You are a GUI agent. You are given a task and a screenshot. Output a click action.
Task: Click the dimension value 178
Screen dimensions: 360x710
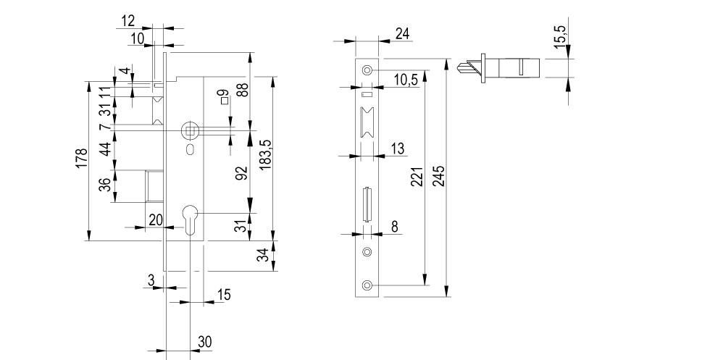coord(81,158)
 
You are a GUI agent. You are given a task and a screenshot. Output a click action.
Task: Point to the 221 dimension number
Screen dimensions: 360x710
coord(417,176)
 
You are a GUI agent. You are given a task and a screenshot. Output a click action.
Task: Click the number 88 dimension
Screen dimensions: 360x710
coord(242,90)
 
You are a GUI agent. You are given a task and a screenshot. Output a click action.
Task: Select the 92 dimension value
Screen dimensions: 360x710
coord(242,172)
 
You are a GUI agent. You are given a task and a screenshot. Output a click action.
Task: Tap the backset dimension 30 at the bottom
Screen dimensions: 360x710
coord(204,340)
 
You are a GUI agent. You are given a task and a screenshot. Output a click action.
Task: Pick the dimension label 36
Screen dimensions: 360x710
coord(106,185)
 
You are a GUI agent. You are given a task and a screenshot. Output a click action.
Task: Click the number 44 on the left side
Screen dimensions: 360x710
coord(106,149)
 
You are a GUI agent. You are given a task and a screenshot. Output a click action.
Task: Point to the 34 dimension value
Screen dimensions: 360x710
coord(264,255)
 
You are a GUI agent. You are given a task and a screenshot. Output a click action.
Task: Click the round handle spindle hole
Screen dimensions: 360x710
coord(189,131)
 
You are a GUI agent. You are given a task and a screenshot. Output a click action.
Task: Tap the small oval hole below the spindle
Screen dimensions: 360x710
coord(189,151)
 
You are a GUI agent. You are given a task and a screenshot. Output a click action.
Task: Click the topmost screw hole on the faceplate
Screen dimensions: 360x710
coord(367,70)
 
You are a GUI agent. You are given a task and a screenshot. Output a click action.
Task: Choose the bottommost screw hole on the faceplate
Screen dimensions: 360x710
coord(367,286)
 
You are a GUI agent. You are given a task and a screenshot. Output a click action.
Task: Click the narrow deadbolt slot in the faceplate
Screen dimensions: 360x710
coord(367,204)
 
